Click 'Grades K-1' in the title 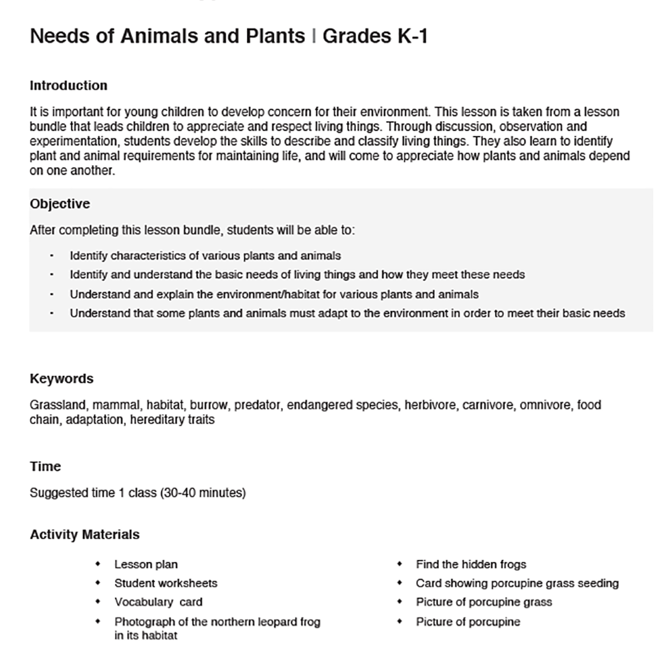tap(375, 36)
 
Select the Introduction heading tap(68, 86)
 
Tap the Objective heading tap(60, 204)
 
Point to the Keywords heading tap(62, 379)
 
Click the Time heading tap(45, 466)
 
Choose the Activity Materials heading tap(85, 535)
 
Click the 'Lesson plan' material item tap(146, 565)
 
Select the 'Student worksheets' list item tap(165, 583)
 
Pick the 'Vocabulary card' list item tap(158, 602)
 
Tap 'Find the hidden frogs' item tap(471, 565)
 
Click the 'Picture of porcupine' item tap(468, 622)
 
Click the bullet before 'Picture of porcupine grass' tap(399, 602)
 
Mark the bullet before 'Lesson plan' tap(98, 565)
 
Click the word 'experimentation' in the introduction tap(70, 141)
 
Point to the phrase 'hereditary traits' tap(172, 421)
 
